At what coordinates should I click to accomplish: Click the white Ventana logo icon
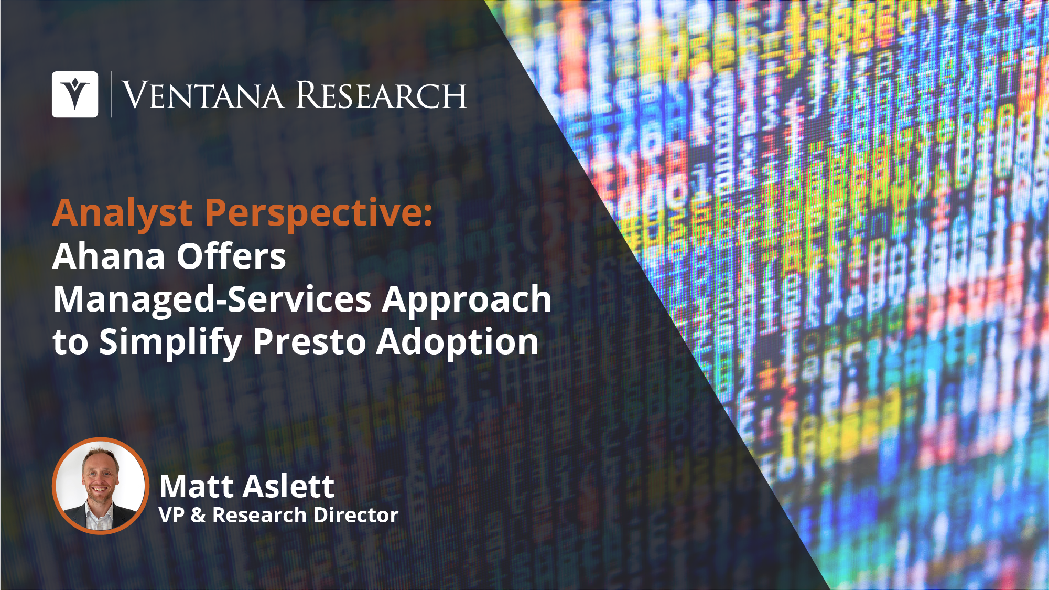[x=75, y=94]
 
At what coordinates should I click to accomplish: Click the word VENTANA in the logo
[x=203, y=95]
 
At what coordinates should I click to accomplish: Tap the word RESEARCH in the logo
[x=381, y=95]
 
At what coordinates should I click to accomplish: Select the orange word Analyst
[x=123, y=214]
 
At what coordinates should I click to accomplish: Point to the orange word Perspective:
[x=319, y=214]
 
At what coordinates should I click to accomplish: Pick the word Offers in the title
[x=231, y=256]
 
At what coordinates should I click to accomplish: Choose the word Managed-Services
[x=212, y=300]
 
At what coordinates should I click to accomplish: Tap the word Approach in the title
[x=467, y=300]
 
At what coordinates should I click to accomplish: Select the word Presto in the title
[x=309, y=342]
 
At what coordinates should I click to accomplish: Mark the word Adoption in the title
[x=458, y=342]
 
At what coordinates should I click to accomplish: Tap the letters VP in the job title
[x=171, y=516]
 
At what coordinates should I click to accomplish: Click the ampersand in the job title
[x=198, y=516]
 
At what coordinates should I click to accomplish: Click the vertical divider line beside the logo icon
[x=112, y=94]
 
